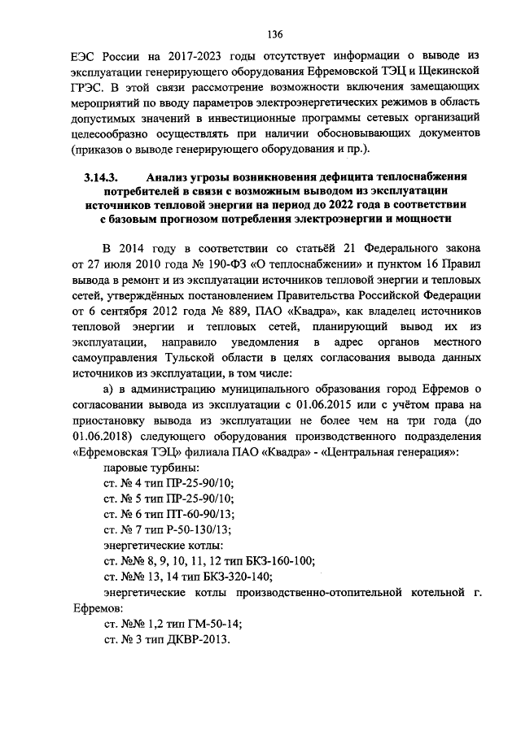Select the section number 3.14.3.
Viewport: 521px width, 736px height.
click(102, 177)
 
